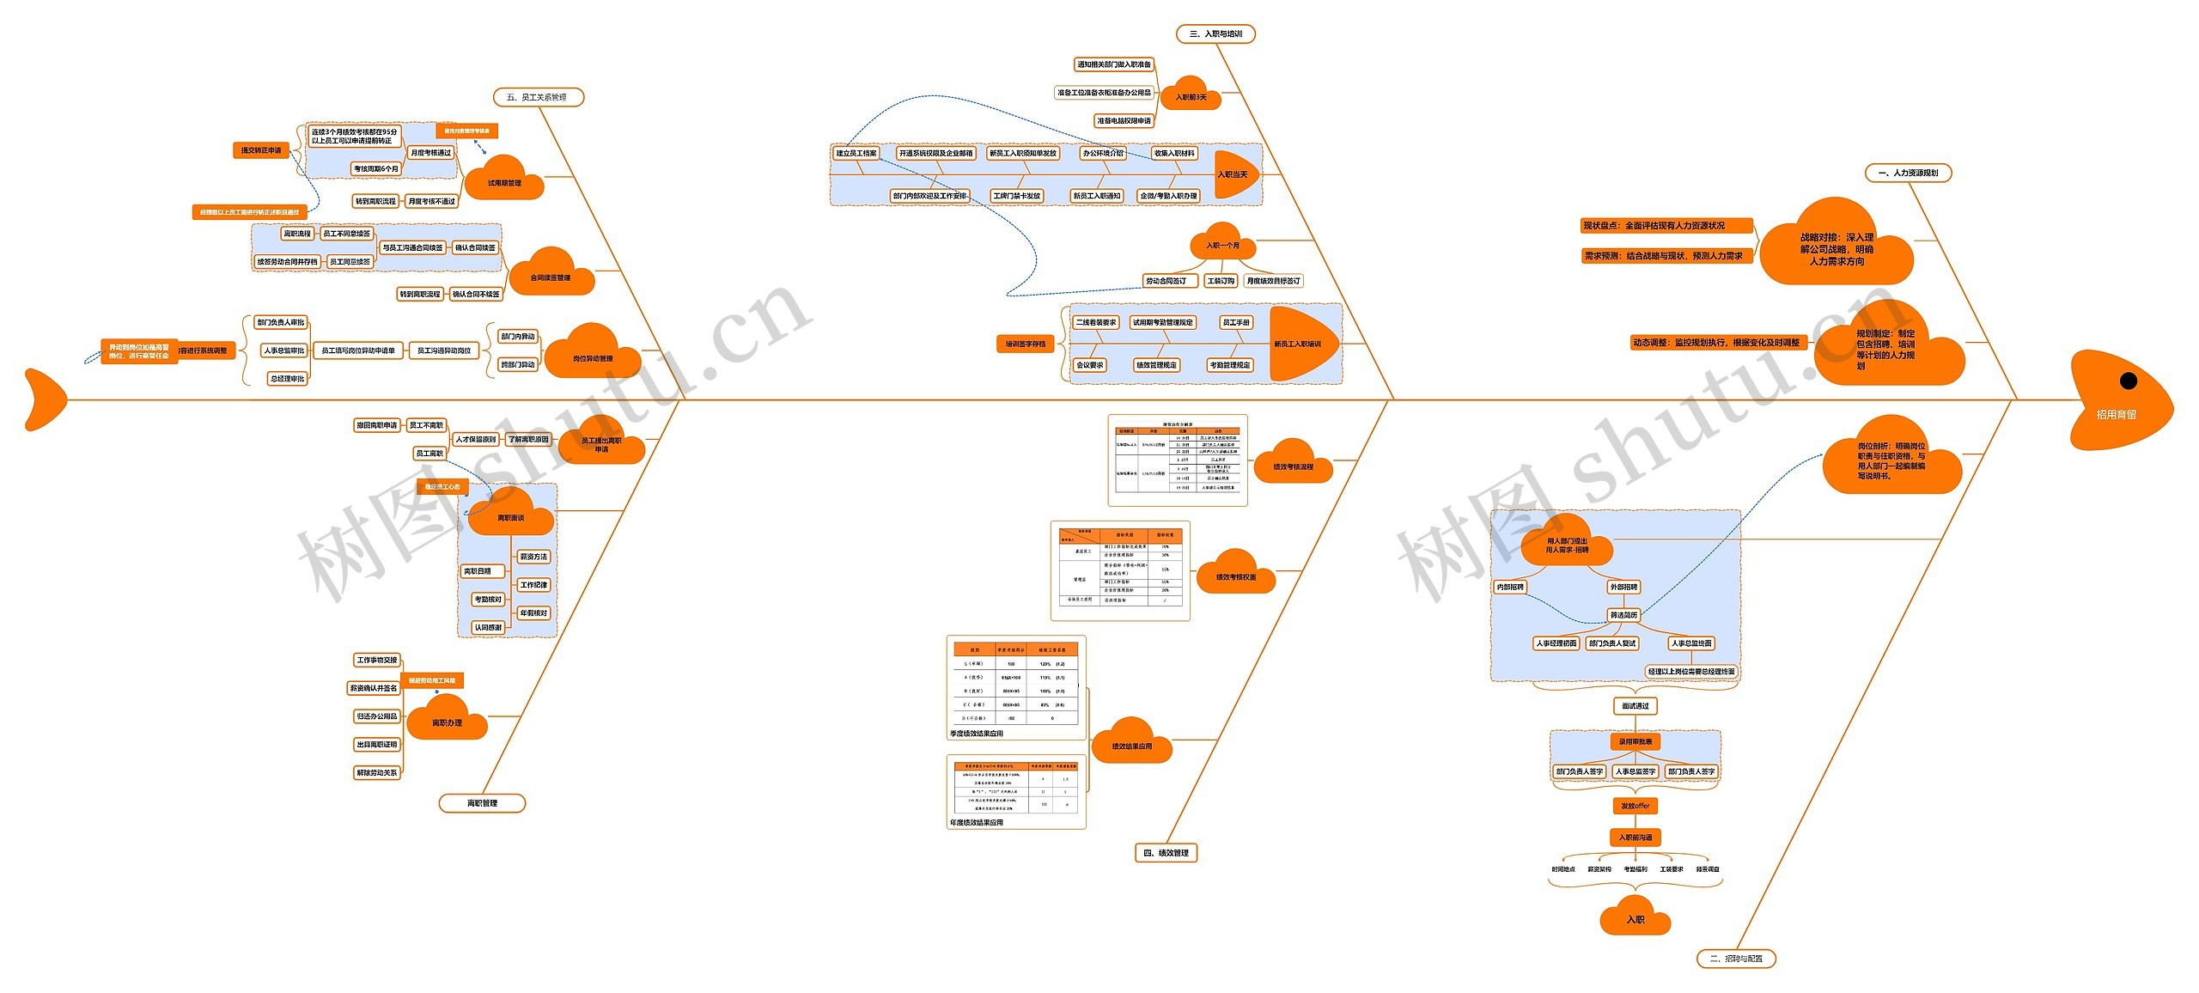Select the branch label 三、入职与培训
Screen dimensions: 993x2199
coord(1215,34)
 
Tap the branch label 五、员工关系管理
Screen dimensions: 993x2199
coord(538,97)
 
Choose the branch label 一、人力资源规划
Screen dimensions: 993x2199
coord(1908,173)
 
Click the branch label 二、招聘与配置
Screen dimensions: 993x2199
coord(1735,959)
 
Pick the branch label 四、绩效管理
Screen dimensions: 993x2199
coord(1166,853)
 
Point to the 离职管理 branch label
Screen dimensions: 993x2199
coord(482,803)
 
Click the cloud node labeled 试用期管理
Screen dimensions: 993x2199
coord(504,181)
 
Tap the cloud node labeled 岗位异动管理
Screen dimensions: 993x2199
coord(592,356)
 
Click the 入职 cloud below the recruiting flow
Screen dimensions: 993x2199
coord(1635,919)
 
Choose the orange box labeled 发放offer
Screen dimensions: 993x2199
coord(1635,806)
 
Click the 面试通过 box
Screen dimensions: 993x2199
coord(1635,706)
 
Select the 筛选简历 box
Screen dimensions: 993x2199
coord(1623,615)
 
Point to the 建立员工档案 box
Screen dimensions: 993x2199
coord(856,154)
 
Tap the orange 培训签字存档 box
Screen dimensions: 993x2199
coord(1026,344)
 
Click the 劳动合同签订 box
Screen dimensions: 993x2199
coord(1166,281)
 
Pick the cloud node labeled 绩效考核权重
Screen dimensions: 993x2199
coord(1235,576)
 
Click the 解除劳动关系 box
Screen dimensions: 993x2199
coord(377,773)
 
